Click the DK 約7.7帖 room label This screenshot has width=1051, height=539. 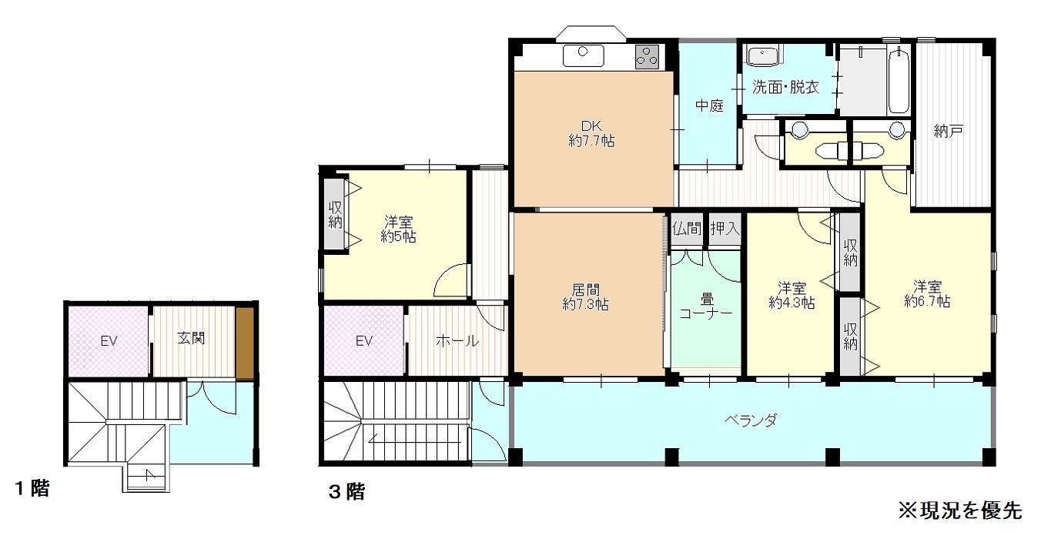point(591,133)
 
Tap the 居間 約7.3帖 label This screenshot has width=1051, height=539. point(585,296)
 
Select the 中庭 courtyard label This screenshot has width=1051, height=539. point(709,105)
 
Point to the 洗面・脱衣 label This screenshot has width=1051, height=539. point(786,87)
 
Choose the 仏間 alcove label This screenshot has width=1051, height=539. point(687,229)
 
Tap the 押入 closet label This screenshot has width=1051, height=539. point(725,229)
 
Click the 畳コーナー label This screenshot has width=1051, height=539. point(706,306)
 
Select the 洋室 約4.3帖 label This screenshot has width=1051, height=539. point(792,295)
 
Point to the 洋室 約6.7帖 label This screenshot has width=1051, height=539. point(927,293)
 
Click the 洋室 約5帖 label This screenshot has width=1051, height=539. point(398,229)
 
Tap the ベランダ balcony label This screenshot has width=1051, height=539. point(751,420)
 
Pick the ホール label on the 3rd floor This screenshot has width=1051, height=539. point(457,340)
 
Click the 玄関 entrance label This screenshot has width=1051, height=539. point(192,338)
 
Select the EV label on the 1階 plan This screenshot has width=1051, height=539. point(109,340)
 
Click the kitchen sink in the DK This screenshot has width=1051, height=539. point(583,55)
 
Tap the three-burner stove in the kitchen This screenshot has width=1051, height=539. point(648,57)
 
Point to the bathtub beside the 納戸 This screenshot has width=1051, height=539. point(899,80)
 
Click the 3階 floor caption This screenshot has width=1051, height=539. point(346,492)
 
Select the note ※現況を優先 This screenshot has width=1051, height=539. point(960,511)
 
